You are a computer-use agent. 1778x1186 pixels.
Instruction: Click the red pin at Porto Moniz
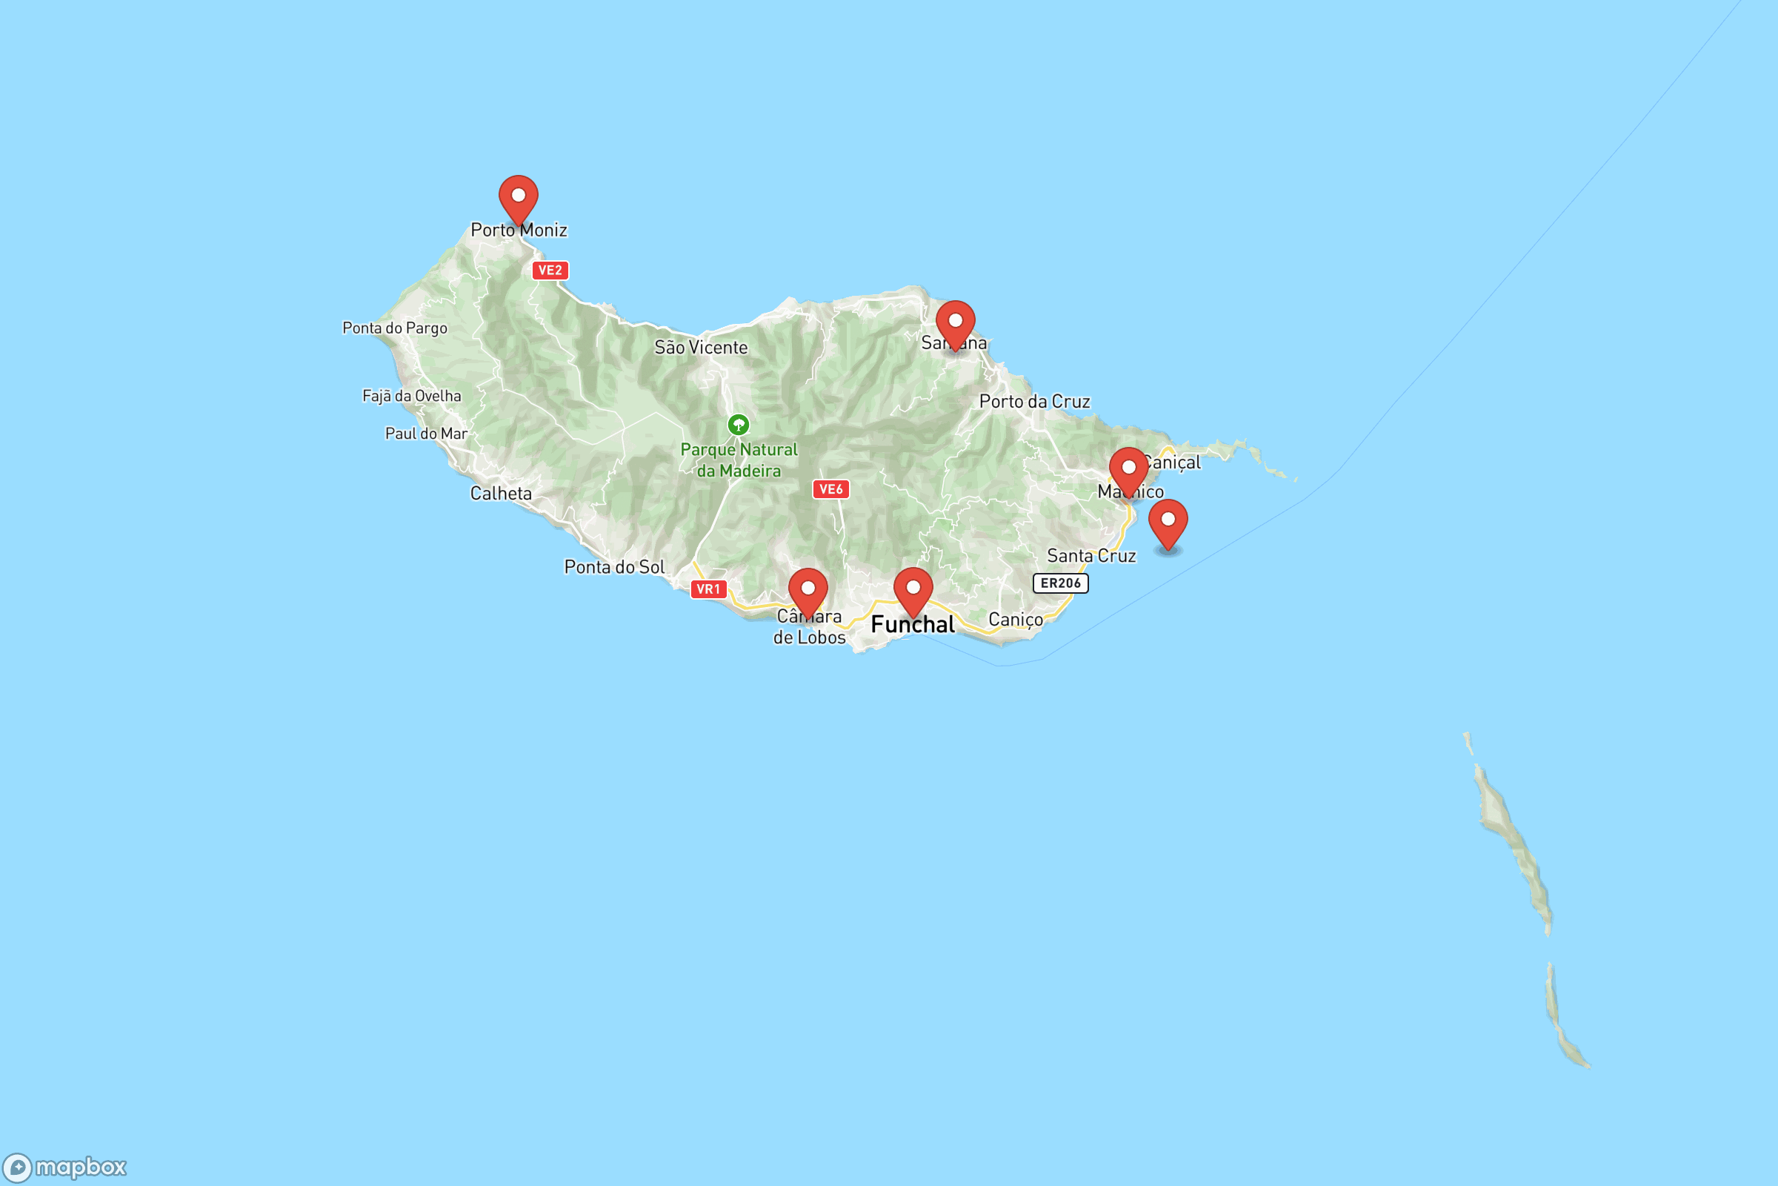(x=519, y=198)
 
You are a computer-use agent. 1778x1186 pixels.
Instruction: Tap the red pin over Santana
(x=955, y=324)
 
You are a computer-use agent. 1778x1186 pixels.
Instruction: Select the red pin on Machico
(x=1128, y=471)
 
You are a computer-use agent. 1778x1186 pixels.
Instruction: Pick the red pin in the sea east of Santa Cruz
(x=1168, y=523)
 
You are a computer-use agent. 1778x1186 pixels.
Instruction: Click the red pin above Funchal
(x=913, y=591)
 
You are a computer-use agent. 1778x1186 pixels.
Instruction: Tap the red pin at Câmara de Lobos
(x=808, y=592)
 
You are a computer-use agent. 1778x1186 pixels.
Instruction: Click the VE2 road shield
(x=550, y=270)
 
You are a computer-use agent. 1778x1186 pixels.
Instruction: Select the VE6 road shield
(x=830, y=489)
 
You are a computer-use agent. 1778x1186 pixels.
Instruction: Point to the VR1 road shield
(x=707, y=589)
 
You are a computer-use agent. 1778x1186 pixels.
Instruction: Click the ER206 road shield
(x=1060, y=583)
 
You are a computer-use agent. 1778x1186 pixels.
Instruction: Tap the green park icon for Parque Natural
(x=738, y=425)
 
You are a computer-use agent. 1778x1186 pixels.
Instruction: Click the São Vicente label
(x=701, y=348)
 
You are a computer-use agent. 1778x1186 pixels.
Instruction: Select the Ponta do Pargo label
(x=395, y=328)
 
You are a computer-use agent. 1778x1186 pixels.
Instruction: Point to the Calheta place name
(x=501, y=494)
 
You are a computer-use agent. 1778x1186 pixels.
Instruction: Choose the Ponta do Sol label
(x=614, y=567)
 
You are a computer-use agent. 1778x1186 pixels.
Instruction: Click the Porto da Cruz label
(x=1034, y=402)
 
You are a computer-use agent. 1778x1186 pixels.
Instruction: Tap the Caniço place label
(x=1015, y=620)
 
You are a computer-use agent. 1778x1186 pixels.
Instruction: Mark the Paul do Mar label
(x=427, y=434)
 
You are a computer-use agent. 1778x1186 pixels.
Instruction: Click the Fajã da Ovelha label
(x=411, y=396)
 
